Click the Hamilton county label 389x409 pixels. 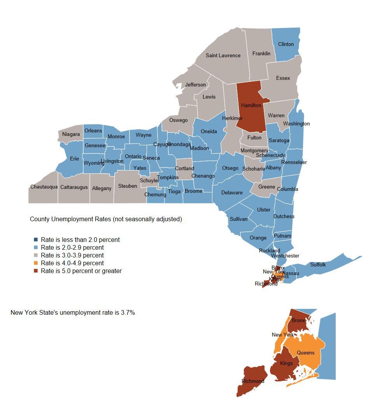(251, 105)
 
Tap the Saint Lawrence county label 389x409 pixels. (223, 55)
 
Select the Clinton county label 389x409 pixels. (286, 44)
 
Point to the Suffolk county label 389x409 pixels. (318, 264)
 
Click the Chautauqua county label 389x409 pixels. (44, 187)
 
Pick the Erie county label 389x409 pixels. (74, 159)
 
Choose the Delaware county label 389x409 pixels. (232, 192)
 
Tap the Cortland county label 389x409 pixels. (184, 168)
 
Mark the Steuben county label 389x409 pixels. (128, 186)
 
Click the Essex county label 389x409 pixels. (283, 78)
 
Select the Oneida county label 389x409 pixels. (209, 131)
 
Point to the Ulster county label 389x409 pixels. (263, 210)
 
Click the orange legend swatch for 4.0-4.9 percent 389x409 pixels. (36, 263)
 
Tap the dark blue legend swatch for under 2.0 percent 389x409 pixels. (36, 240)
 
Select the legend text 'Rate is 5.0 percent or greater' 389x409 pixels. (81, 271)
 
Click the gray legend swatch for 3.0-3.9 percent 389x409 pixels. (36, 255)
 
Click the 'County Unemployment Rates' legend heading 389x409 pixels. (106, 219)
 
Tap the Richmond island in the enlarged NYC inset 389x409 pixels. (251, 384)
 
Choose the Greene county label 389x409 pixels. (266, 187)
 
